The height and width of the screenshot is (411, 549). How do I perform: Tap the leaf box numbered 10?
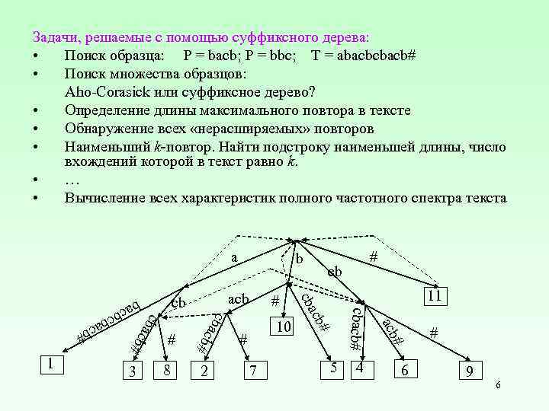pos(284,327)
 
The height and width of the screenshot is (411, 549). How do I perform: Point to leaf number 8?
pos(162,370)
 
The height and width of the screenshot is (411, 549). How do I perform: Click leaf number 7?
pos(252,371)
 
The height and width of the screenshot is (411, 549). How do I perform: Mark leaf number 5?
pos(334,368)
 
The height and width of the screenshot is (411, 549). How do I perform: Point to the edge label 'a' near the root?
pos(236,258)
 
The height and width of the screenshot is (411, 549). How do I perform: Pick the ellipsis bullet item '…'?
pos(72,180)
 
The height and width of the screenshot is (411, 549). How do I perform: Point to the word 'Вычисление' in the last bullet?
pos(105,198)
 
